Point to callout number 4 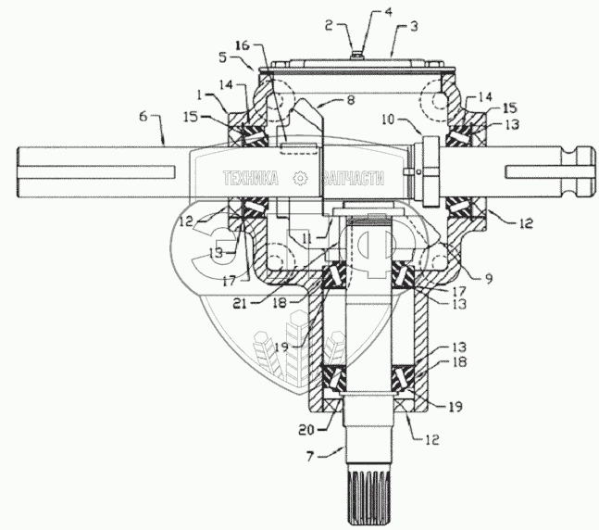click(363, 13)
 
